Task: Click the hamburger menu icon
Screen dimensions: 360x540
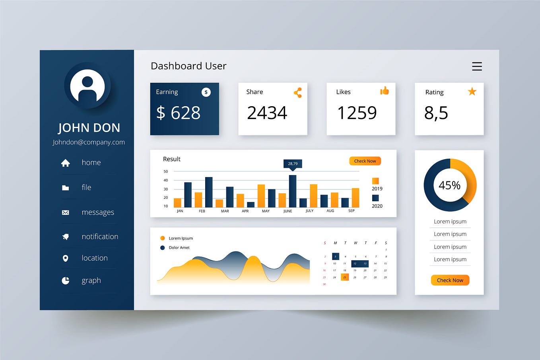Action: click(477, 66)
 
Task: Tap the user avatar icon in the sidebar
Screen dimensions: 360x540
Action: click(87, 86)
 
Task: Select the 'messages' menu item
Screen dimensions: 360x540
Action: click(98, 212)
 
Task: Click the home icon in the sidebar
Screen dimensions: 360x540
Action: click(66, 163)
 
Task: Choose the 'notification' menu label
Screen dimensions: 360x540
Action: click(100, 237)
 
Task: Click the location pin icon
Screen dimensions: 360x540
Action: click(66, 259)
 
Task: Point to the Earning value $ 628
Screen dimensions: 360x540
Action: click(178, 113)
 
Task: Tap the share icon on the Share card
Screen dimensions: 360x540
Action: click(298, 93)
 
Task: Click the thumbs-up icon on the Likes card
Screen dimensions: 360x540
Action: click(385, 91)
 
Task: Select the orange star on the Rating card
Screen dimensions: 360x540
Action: click(472, 92)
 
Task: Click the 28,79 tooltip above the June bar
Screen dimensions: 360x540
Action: click(293, 163)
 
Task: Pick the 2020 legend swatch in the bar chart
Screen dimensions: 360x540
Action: click(375, 198)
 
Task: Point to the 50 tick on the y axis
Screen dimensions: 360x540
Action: click(166, 171)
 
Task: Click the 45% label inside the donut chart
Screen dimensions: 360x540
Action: click(450, 185)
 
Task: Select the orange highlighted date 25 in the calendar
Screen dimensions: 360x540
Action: click(345, 277)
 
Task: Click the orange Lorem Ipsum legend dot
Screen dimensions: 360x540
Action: click(162, 238)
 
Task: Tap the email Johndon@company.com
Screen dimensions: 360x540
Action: click(89, 142)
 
